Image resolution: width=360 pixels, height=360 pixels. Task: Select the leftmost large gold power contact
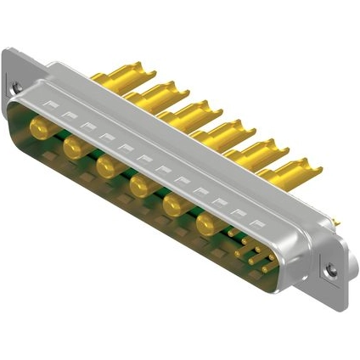(x=39, y=128)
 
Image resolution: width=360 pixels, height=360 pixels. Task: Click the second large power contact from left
(x=72, y=148)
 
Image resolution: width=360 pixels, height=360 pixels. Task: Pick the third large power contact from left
(x=105, y=166)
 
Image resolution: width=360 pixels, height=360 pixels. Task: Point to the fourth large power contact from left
(x=138, y=184)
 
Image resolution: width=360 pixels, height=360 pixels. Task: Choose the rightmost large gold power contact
(x=206, y=223)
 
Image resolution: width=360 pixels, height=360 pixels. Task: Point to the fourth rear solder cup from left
(x=224, y=130)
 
